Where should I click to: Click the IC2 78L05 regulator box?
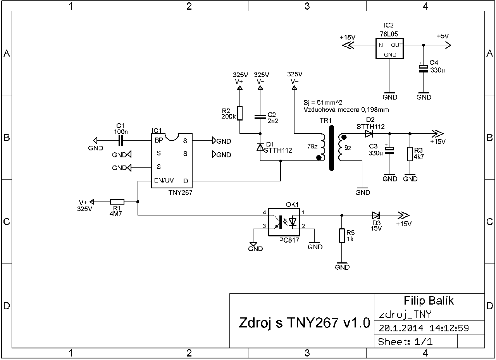(389, 48)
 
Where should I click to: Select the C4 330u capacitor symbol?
(424, 68)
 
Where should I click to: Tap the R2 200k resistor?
(240, 113)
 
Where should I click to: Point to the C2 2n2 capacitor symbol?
(260, 116)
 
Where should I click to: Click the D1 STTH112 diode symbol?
(260, 147)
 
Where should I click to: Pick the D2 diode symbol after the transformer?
(369, 134)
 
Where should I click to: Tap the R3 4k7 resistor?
(410, 154)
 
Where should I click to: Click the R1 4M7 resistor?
(117, 202)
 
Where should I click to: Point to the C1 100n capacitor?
(120, 140)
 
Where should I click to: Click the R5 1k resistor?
(342, 235)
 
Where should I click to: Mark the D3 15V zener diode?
(375, 215)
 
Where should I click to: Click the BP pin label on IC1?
(159, 140)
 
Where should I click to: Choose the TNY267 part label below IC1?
(181, 192)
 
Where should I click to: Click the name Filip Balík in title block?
(429, 300)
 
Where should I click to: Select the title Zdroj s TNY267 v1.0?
(305, 323)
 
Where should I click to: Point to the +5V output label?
(443, 36)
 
